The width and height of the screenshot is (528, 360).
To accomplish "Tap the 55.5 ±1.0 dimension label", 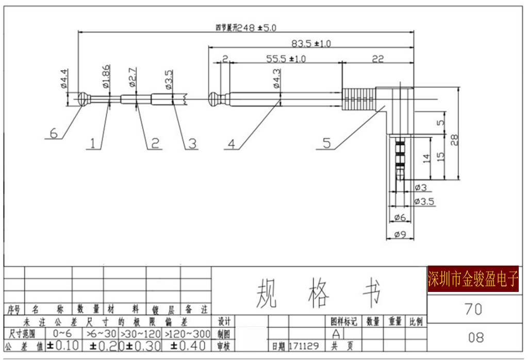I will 286,59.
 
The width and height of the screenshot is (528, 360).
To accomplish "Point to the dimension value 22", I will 377,59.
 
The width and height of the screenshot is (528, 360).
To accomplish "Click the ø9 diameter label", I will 400,235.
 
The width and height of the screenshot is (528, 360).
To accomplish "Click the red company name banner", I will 473,279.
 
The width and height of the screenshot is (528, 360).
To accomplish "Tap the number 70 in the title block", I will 473,309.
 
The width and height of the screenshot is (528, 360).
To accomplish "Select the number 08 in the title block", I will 476,337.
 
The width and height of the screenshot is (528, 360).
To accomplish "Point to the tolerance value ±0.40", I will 188,346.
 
